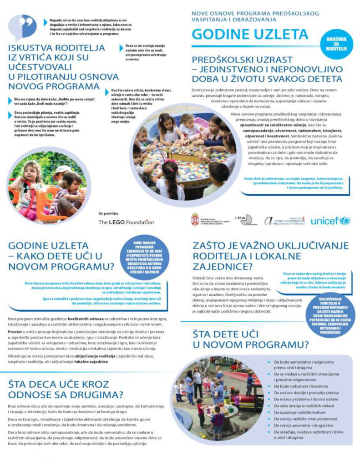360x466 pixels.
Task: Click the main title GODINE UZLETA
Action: (250, 35)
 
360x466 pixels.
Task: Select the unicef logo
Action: (330, 221)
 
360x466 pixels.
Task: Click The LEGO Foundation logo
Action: (126, 222)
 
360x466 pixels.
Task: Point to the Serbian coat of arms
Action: (195, 219)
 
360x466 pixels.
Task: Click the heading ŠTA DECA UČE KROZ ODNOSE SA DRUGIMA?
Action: (63, 389)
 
